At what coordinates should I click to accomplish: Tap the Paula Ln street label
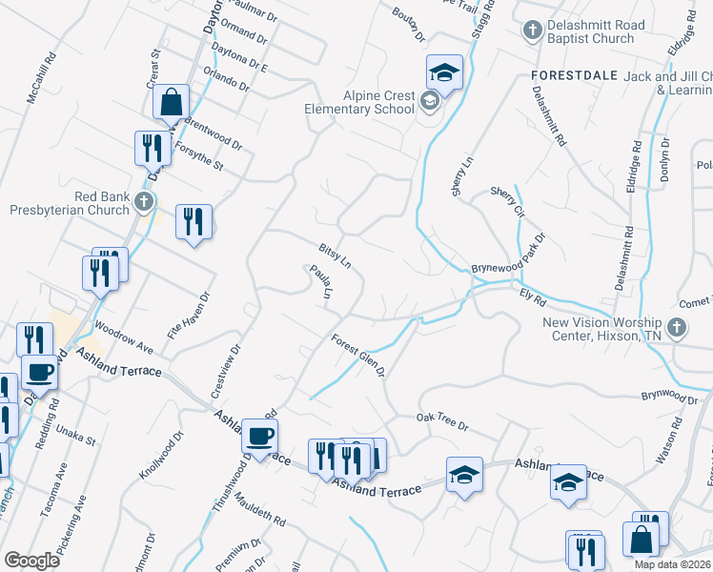pyautogui.click(x=319, y=283)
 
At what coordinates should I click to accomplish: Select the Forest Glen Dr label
pyautogui.click(x=358, y=354)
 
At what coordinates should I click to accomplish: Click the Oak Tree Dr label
pyautogui.click(x=442, y=421)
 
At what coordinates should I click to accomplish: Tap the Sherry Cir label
pyautogui.click(x=507, y=202)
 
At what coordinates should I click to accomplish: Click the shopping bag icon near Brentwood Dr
pyautogui.click(x=171, y=100)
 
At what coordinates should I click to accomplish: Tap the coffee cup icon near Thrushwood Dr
pyautogui.click(x=259, y=436)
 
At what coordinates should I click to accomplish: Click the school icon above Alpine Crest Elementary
pyautogui.click(x=443, y=71)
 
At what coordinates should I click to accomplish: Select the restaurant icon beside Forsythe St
pyautogui.click(x=153, y=147)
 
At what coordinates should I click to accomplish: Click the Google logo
pyautogui.click(x=32, y=561)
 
